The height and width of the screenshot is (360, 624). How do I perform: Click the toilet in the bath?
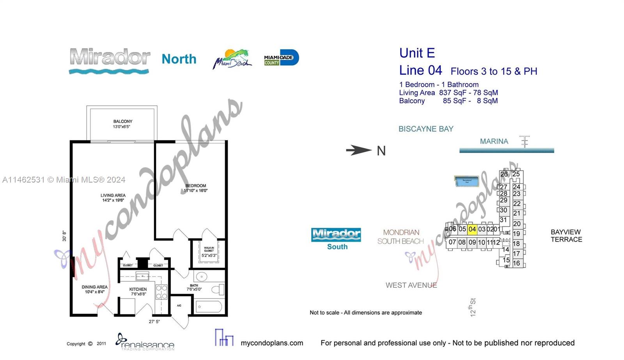pyautogui.click(x=217, y=290)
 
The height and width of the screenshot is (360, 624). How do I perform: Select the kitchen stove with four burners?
pyautogui.click(x=161, y=292)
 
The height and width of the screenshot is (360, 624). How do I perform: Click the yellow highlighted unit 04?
pyautogui.click(x=472, y=229)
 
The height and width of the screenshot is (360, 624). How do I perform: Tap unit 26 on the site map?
pyautogui.click(x=504, y=174)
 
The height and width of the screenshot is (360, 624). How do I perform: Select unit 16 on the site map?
pyautogui.click(x=516, y=263)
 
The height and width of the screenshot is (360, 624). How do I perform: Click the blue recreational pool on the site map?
pyautogui.click(x=466, y=181)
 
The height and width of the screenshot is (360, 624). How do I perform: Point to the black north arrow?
pyautogui.click(x=358, y=150)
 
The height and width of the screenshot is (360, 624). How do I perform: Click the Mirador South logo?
pyautogui.click(x=336, y=238)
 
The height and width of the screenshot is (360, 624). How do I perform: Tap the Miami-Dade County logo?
pyautogui.click(x=281, y=58)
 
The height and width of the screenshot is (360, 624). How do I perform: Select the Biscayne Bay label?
pyautogui.click(x=425, y=129)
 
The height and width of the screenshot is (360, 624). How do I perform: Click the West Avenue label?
pyautogui.click(x=411, y=286)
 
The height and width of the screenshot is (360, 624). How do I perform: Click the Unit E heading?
pyautogui.click(x=417, y=53)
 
